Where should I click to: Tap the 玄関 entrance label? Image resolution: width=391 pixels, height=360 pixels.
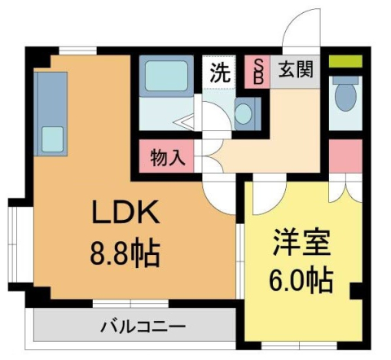tap(296, 70)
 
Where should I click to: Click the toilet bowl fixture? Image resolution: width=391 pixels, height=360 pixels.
tap(346, 96)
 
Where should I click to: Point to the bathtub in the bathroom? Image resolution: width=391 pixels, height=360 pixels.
tap(166, 77)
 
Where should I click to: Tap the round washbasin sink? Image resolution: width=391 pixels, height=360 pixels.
tap(244, 113)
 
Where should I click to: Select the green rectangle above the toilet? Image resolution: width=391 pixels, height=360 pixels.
tap(346, 61)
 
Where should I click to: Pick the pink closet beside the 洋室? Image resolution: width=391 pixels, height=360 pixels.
tap(346, 156)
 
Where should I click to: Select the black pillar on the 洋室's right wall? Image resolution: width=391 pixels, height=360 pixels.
tap(356, 291)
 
